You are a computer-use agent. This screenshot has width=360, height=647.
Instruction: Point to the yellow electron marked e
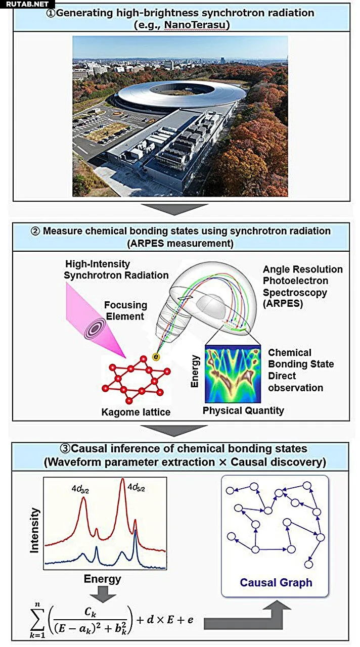[x=156, y=357]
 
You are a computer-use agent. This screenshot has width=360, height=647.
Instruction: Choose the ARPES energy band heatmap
[x=232, y=373]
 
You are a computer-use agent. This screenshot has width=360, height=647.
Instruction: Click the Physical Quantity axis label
[x=243, y=410]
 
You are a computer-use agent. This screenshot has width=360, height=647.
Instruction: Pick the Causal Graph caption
[x=276, y=583]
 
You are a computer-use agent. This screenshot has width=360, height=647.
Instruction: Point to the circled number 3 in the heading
[x=66, y=449]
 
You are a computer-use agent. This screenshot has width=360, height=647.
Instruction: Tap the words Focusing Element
[x=125, y=311]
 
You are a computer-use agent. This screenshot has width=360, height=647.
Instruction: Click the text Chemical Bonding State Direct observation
[x=296, y=370]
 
